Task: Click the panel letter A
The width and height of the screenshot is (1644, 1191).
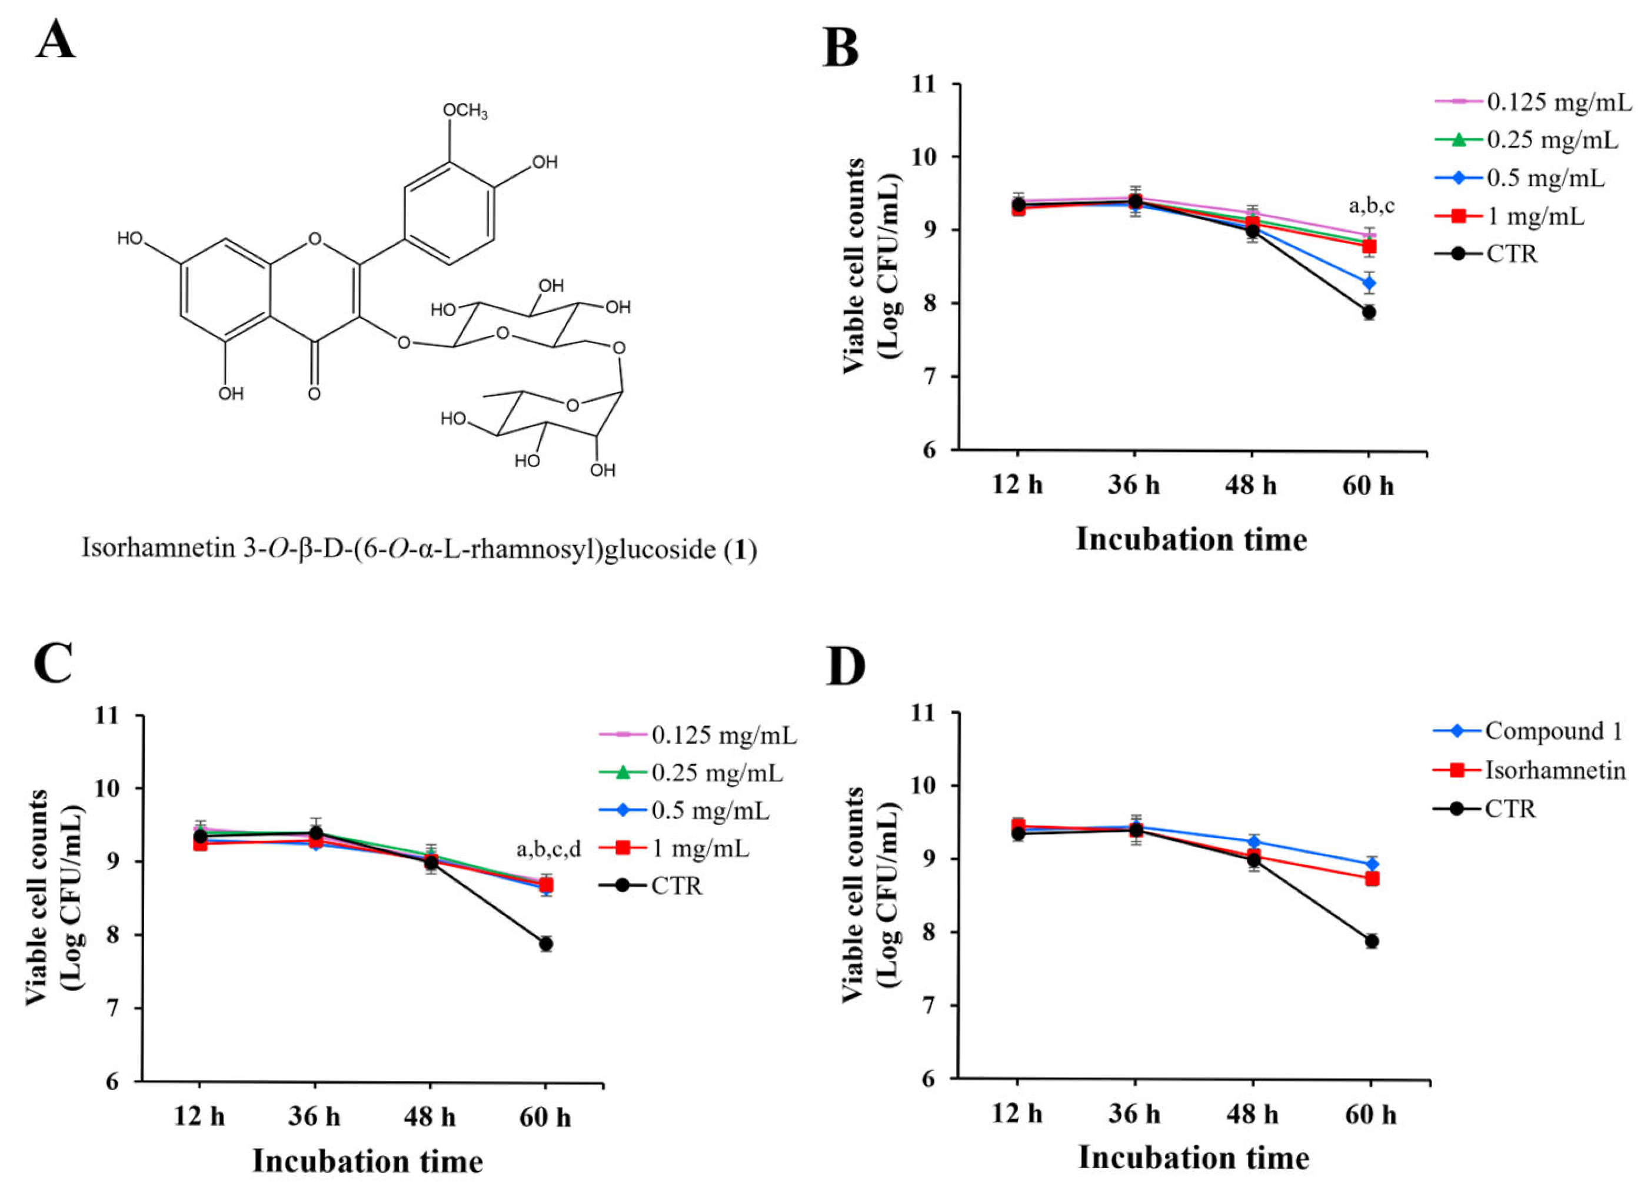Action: pos(55,41)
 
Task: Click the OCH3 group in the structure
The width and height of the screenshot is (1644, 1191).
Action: pos(465,111)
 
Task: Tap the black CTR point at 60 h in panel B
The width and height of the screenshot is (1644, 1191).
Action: pos(1369,312)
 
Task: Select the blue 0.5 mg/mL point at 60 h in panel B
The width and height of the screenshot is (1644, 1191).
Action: pos(1369,282)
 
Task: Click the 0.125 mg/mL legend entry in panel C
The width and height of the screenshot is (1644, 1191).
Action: pos(723,736)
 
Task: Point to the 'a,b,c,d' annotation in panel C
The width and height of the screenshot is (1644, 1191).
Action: pos(549,849)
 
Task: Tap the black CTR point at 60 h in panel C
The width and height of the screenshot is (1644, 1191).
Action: pos(546,944)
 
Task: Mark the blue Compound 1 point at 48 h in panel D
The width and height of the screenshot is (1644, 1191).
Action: pos(1253,842)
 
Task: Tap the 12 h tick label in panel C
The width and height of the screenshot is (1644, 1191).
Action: pos(199,1117)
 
